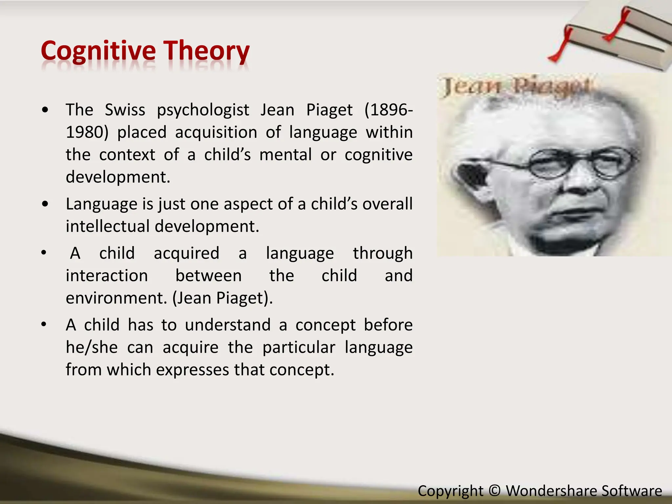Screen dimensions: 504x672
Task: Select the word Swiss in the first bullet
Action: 125,110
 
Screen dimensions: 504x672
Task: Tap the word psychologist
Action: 203,110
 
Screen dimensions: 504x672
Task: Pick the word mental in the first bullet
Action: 285,155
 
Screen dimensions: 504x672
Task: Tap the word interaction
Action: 107,276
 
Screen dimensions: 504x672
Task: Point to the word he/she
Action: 92,347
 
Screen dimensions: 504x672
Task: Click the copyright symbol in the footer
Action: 494,491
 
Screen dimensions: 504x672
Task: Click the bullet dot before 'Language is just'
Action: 45,204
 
